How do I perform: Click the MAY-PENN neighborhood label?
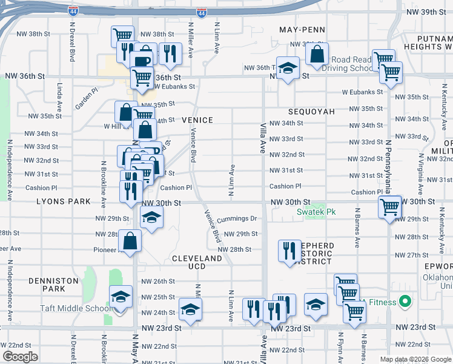click(302, 30)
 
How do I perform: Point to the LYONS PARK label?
click(63, 201)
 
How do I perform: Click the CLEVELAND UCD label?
click(197, 263)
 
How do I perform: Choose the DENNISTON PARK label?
click(53, 285)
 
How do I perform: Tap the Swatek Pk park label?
click(316, 212)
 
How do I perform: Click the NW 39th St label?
click(426, 12)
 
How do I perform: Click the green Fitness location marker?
click(405, 302)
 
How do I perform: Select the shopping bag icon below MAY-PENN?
click(317, 55)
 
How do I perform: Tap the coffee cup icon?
click(142, 61)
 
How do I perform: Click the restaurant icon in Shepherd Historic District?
click(289, 250)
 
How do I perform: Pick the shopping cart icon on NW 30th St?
click(389, 207)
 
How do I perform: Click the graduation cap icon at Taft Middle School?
click(121, 297)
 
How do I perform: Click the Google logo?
click(20, 357)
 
